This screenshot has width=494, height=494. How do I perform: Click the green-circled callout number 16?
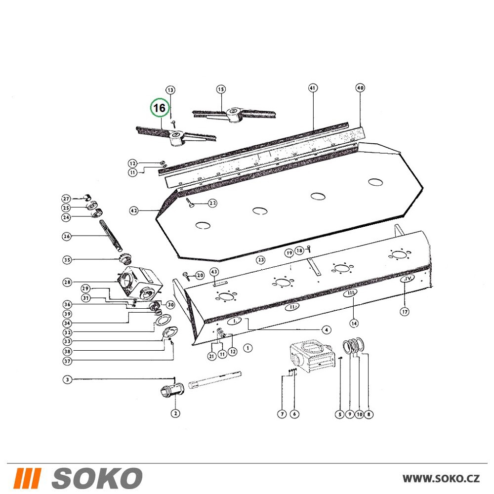tap(160, 108)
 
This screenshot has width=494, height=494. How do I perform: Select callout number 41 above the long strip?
tap(313, 88)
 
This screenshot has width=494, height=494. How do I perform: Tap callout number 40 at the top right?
tap(360, 87)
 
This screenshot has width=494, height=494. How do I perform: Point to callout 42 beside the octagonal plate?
tap(134, 210)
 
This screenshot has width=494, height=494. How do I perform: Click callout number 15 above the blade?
tap(221, 89)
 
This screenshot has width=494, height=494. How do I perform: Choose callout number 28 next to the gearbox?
tap(67, 282)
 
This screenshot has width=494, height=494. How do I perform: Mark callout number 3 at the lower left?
tap(67, 379)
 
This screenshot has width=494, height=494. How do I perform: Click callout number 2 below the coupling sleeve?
tap(175, 413)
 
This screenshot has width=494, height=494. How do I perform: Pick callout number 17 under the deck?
tap(405, 312)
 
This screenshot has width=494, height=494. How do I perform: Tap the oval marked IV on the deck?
tap(408, 279)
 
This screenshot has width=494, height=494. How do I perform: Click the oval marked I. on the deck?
tap(235, 321)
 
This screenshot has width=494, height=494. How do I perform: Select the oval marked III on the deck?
tap(350, 293)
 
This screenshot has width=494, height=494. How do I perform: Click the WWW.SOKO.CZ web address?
tap(441, 478)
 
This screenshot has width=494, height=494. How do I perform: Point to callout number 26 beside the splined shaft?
tap(67, 236)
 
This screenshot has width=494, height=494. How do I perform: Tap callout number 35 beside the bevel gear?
tap(67, 260)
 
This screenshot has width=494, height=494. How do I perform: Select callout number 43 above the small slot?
tap(214, 272)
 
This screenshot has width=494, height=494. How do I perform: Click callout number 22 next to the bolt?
tap(212, 203)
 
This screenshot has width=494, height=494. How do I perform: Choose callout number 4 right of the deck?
tap(327, 329)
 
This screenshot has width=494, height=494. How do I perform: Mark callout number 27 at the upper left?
tap(66, 199)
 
